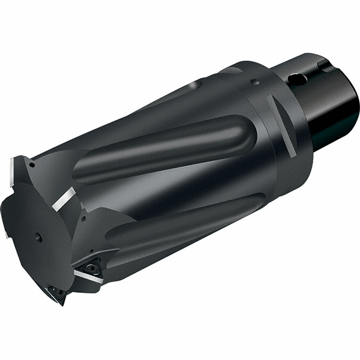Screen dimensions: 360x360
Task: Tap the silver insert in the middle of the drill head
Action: (x=64, y=199)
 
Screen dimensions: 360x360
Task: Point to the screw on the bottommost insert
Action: (x=59, y=293)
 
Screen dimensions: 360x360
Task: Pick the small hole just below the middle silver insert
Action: (x=83, y=218)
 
